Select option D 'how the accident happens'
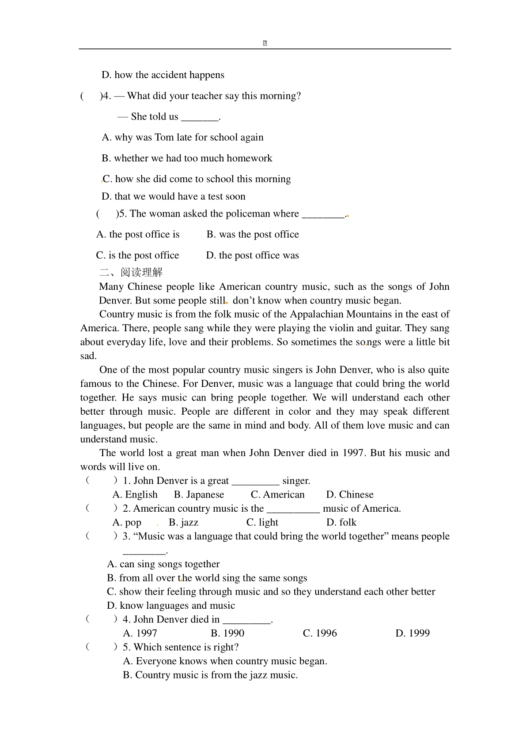pos(163,75)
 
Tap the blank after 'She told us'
pos(200,117)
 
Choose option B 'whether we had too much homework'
pos(187,158)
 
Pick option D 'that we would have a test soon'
pos(174,197)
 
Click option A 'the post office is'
pos(138,235)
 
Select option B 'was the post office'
pos(253,235)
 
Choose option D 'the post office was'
pos(252,255)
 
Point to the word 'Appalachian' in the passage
pos(317,315)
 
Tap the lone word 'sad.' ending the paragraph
pos(88,356)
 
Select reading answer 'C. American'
pos(277,495)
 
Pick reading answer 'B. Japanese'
pos(199,495)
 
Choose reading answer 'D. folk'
pos(341,523)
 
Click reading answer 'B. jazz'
pos(183,523)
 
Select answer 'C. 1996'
pos(320,633)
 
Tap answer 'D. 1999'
pos(413,633)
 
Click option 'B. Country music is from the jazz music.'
pos(210,675)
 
